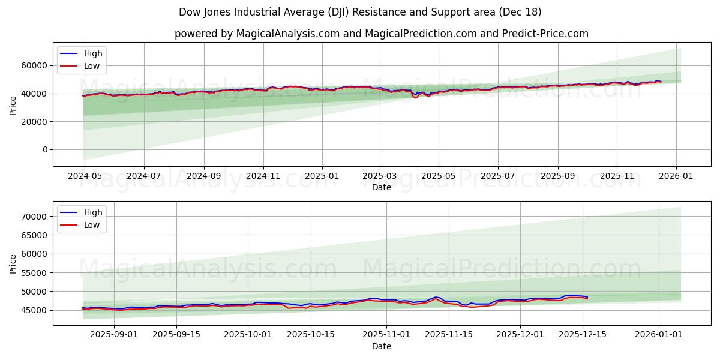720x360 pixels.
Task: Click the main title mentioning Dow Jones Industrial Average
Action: coord(360,12)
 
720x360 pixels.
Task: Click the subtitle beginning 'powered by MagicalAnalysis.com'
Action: coord(381,34)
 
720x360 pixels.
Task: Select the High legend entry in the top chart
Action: coord(93,53)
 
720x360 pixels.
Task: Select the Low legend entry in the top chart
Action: coord(92,67)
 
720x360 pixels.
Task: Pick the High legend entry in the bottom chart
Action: coord(93,212)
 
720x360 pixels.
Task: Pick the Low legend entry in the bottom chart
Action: coord(92,226)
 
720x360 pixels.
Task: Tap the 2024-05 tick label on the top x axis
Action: coord(85,176)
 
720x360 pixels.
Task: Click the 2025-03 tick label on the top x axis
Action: coord(380,176)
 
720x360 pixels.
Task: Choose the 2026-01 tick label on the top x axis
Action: coord(676,176)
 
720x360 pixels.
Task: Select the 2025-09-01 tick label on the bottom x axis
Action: coord(114,335)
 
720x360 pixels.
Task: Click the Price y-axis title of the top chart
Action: coord(13,105)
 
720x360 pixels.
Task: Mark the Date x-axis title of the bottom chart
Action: coord(381,346)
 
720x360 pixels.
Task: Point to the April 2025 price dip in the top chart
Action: coord(415,97)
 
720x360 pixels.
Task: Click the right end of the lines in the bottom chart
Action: coord(587,298)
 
